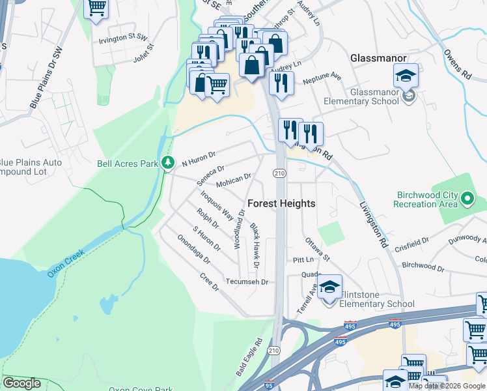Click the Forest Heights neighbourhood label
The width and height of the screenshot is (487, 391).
(x=281, y=203)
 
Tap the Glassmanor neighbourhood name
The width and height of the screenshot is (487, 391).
(x=378, y=58)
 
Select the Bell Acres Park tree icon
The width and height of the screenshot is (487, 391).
(x=169, y=162)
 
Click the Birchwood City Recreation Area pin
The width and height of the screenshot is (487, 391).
(x=467, y=198)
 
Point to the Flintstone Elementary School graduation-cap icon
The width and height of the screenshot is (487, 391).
(x=330, y=287)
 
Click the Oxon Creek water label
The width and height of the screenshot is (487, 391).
(x=67, y=259)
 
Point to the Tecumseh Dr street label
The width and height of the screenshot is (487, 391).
(x=247, y=282)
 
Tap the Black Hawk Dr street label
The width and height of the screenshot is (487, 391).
(x=255, y=246)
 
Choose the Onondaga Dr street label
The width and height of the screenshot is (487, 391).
(x=194, y=249)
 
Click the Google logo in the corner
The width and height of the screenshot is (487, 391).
(x=21, y=383)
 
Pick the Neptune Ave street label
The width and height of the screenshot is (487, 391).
(x=324, y=76)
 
